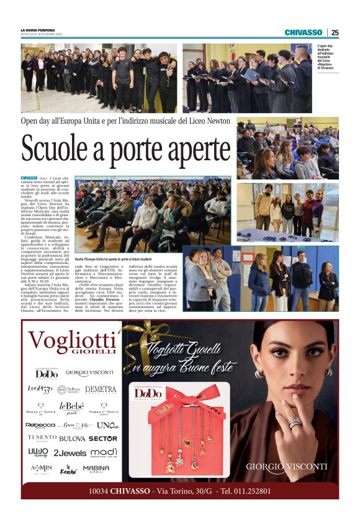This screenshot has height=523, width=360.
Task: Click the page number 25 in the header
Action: click(x=335, y=32)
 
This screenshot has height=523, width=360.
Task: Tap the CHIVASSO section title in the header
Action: click(x=304, y=32)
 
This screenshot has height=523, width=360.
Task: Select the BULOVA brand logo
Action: click(x=72, y=438)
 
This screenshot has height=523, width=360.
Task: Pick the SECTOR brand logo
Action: click(x=102, y=438)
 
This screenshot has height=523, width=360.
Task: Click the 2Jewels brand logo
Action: click(x=70, y=453)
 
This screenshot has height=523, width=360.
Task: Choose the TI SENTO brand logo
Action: click(x=42, y=438)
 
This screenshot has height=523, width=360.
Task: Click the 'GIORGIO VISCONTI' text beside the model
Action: click(x=286, y=466)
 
